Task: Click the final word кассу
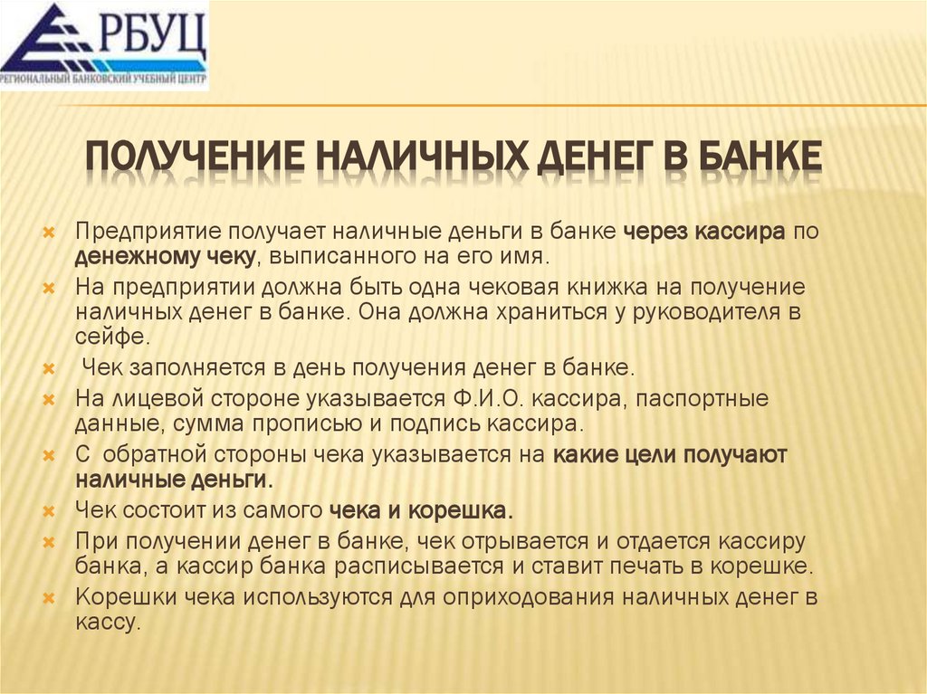[108, 623]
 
